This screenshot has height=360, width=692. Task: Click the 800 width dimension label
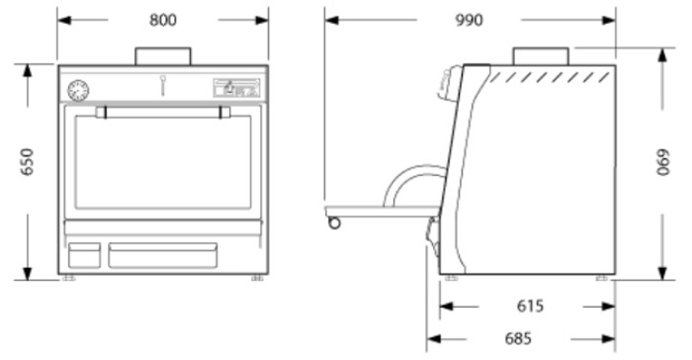(163, 21)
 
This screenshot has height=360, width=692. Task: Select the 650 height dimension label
(28, 161)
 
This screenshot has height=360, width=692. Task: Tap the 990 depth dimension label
(469, 21)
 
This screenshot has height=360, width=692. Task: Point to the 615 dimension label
(530, 306)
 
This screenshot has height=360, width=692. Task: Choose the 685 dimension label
(518, 339)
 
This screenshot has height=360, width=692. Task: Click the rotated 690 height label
(663, 162)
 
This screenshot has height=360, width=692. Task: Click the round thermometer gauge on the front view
(78, 91)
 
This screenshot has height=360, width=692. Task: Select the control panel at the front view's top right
(237, 88)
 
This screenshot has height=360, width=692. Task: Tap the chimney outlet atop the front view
(163, 56)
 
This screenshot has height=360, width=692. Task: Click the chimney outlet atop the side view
(541, 56)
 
